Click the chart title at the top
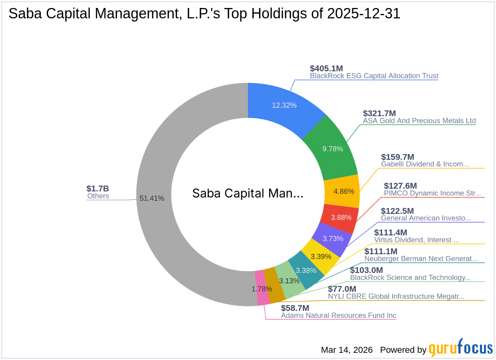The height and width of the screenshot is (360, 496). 204,14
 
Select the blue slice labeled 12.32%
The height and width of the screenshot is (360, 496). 284,105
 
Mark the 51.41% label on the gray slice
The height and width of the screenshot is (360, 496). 152,198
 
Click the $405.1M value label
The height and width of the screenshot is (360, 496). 326,68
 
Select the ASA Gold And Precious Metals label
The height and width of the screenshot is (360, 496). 419,121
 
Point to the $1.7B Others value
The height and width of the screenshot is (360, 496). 97,188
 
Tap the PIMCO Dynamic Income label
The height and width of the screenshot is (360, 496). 432,193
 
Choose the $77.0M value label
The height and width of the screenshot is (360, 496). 342,289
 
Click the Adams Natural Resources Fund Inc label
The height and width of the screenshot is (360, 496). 339,315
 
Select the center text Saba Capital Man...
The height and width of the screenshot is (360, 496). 248,194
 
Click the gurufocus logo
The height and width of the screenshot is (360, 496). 460,348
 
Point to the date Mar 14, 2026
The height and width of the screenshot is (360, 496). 347,350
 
